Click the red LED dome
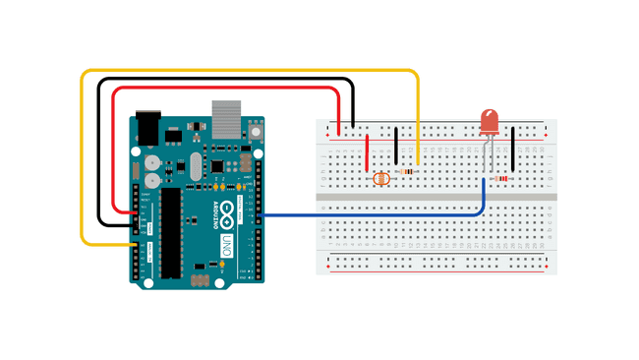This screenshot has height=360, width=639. coord(489,122)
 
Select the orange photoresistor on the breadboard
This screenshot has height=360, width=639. coord(382,178)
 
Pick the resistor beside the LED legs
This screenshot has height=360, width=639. coord(502,178)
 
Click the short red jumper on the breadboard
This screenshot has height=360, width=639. coord(368,152)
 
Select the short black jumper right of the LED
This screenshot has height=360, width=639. coord(513,148)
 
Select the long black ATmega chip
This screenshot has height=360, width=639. coord(171,232)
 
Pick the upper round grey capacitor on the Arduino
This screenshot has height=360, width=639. coord(150,161)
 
